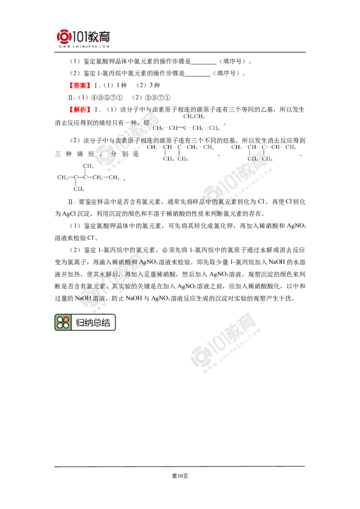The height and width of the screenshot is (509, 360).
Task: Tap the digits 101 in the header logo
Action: [80, 36]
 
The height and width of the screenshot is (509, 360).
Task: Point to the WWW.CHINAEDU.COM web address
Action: [84, 46]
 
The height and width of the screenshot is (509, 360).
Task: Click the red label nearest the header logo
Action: [81, 85]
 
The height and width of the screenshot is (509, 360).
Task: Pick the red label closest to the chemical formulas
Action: [81, 109]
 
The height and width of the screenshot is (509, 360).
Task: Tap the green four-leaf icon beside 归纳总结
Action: [63, 322]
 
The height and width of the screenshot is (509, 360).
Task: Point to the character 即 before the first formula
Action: [146, 123]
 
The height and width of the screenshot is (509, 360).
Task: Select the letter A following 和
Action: [142, 262]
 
